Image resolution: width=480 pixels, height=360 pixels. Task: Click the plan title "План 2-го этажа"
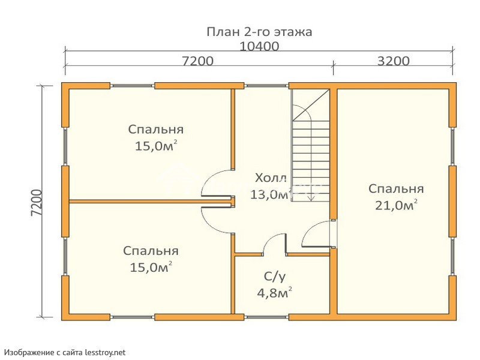tap(259, 32)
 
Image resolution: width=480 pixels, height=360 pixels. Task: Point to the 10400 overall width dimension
tap(259, 47)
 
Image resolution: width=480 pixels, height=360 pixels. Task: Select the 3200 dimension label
tap(394, 61)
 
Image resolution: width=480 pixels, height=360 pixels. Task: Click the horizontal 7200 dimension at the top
tap(198, 61)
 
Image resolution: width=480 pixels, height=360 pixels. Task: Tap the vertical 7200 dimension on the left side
tap(37, 203)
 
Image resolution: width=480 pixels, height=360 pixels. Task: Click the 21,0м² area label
tap(397, 205)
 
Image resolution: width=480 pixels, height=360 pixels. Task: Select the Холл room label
tap(271, 178)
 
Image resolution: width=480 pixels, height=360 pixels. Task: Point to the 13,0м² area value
tap(270, 194)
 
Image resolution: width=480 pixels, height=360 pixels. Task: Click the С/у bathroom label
tap(275, 277)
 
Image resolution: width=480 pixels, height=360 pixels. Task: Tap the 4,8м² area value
tap(275, 293)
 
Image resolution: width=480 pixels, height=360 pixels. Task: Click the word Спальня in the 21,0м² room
tap(396, 188)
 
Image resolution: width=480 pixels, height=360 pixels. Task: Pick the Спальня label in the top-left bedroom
tap(156, 130)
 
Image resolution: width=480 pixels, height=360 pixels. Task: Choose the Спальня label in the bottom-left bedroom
tap(151, 251)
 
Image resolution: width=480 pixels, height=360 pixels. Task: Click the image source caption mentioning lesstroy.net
tap(65, 353)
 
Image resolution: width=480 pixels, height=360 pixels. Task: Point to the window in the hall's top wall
tap(266, 86)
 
